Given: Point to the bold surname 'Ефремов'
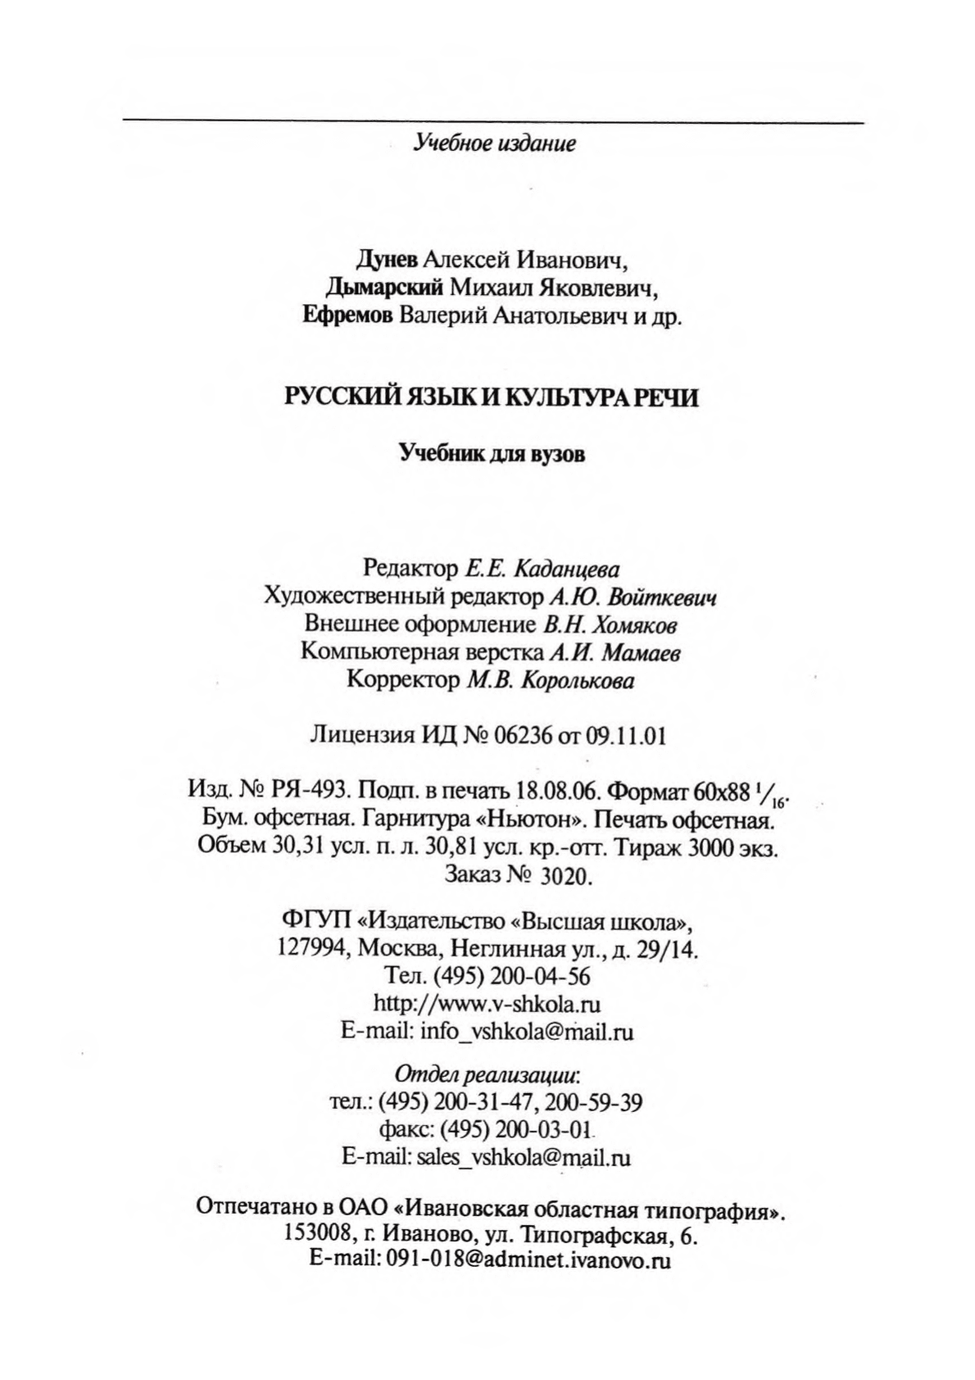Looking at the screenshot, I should (x=347, y=315).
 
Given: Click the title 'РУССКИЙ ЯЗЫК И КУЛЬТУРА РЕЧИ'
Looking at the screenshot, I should (x=492, y=397).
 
